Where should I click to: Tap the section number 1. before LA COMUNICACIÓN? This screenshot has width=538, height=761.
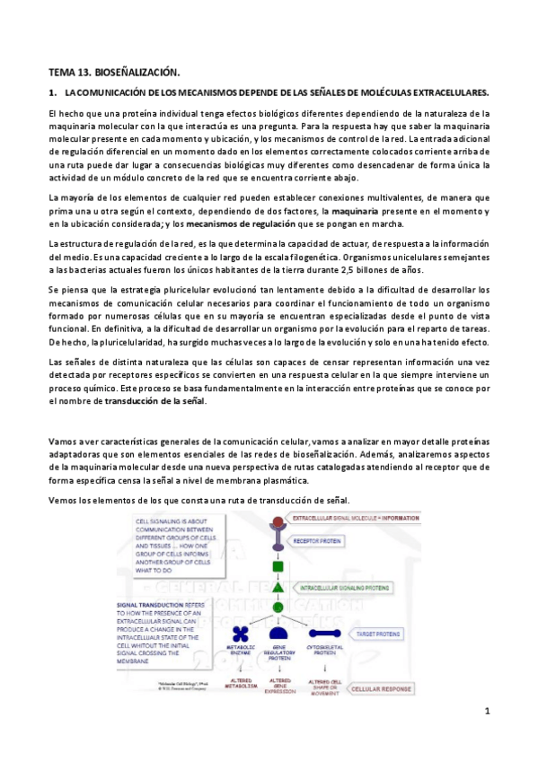click(x=52, y=92)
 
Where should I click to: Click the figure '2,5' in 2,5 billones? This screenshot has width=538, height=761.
click(x=357, y=270)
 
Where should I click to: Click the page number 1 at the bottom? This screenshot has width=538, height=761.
click(x=486, y=711)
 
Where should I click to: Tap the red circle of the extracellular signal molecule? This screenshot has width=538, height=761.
click(x=278, y=520)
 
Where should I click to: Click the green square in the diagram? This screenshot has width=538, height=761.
click(x=278, y=566)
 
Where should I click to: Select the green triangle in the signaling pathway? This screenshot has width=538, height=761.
click(x=278, y=588)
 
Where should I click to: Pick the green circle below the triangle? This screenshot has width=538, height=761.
click(x=278, y=608)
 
